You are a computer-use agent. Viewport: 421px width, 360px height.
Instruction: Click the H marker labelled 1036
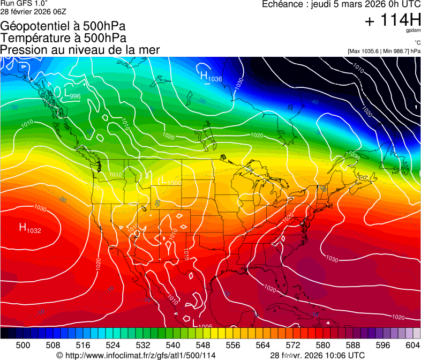point(204,76)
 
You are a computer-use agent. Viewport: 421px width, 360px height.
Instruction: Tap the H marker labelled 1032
point(24,228)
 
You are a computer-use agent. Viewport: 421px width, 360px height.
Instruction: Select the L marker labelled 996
point(67,94)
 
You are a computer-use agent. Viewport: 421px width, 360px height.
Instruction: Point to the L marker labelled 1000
point(164,181)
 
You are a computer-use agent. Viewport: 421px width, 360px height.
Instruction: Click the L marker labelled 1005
point(194,323)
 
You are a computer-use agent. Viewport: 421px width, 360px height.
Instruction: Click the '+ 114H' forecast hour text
point(392,21)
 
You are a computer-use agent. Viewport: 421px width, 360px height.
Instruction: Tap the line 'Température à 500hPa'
point(63,38)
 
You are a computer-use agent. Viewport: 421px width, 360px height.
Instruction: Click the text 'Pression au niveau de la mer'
point(80,50)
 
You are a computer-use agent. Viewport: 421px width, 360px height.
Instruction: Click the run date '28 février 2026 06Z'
point(33,11)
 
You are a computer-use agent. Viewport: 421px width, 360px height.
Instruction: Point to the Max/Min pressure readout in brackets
point(384,51)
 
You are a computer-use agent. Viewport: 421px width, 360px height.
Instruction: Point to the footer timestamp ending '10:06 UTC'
point(318,355)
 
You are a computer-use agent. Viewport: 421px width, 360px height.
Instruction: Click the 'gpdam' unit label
point(414,31)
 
